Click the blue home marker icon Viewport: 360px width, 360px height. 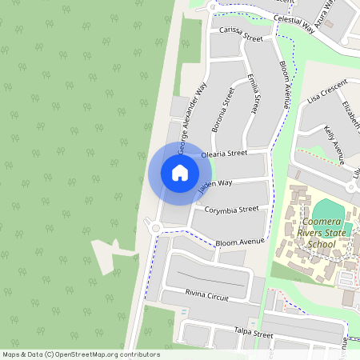180,172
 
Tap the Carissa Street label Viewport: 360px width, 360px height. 240,33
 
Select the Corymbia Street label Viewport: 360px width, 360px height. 232,210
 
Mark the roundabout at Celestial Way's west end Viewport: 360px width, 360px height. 211,6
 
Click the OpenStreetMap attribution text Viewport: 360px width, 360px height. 80,354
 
